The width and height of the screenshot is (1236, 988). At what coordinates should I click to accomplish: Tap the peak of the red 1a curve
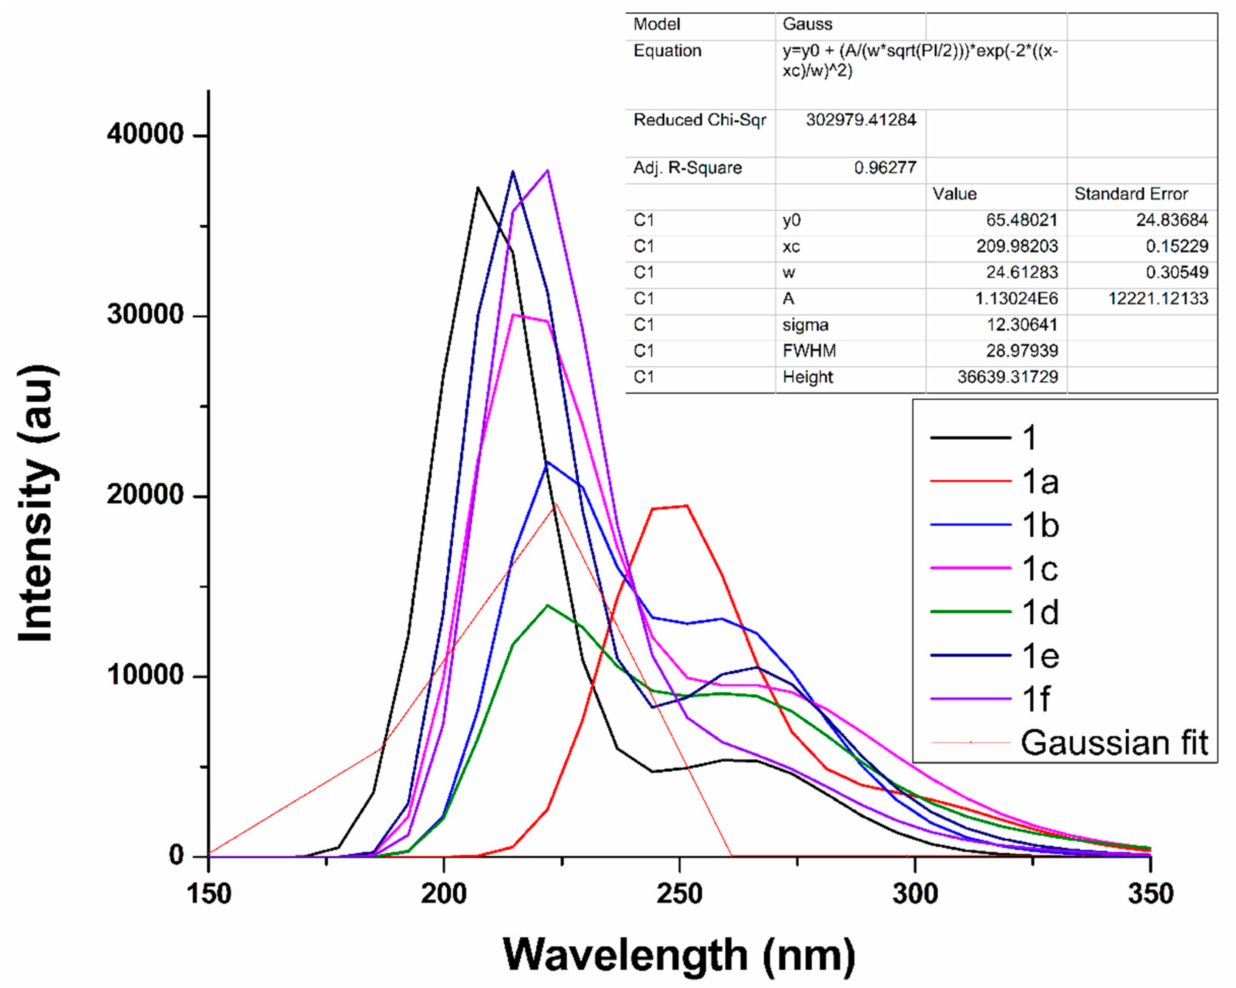(x=687, y=506)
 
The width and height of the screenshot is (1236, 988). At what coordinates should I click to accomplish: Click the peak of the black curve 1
(x=477, y=187)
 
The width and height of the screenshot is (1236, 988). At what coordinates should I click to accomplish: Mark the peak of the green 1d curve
(x=548, y=605)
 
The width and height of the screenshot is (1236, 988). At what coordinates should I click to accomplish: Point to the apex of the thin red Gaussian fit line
(x=555, y=504)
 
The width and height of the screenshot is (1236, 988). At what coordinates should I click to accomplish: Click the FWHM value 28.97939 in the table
(x=1022, y=351)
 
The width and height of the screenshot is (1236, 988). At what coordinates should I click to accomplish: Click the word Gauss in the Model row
(x=807, y=24)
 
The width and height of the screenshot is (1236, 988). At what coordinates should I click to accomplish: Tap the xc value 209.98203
(x=1017, y=246)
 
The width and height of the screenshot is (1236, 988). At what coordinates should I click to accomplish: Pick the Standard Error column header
(x=1130, y=194)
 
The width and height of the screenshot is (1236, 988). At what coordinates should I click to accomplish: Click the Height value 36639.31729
(x=1007, y=377)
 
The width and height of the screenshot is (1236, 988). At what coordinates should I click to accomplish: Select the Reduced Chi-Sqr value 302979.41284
(x=861, y=120)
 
